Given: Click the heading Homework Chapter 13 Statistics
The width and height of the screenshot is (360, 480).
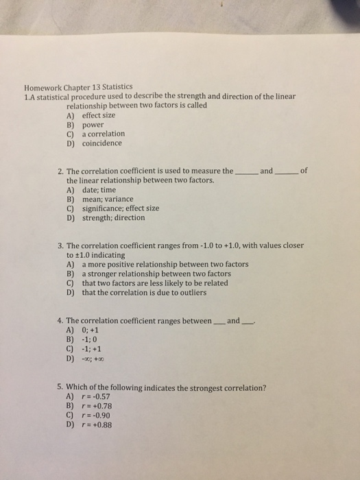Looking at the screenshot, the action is coord(77,88).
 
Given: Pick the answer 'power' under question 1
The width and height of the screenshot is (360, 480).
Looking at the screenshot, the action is coord(93,125).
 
